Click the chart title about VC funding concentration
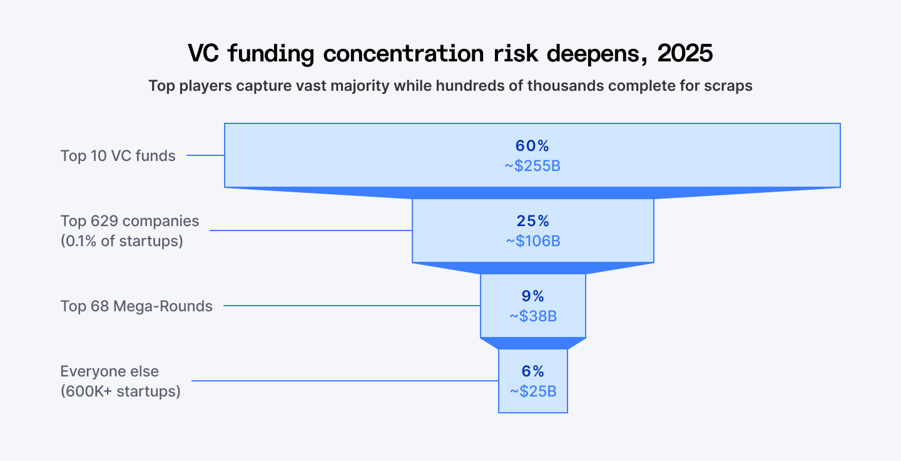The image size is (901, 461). [450, 54]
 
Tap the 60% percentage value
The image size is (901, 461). [532, 146]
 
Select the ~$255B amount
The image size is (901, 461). [532, 166]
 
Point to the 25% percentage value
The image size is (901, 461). [532, 221]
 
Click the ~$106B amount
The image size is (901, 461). [532, 241]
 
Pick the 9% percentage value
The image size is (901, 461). [532, 296]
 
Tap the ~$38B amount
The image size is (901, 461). [532, 316]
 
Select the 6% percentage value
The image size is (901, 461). [532, 371]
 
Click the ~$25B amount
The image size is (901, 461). [532, 391]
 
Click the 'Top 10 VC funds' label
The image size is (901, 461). [118, 156]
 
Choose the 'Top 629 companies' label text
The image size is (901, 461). [130, 221]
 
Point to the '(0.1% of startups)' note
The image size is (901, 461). [122, 241]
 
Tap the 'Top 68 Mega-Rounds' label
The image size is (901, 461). [136, 306]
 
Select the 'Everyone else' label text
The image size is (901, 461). [109, 371]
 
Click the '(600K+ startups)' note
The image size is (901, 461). [121, 392]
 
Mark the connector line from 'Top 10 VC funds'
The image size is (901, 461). [205, 155]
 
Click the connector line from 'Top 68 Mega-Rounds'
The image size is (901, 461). [351, 306]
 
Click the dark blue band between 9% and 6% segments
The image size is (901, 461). [532, 343]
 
